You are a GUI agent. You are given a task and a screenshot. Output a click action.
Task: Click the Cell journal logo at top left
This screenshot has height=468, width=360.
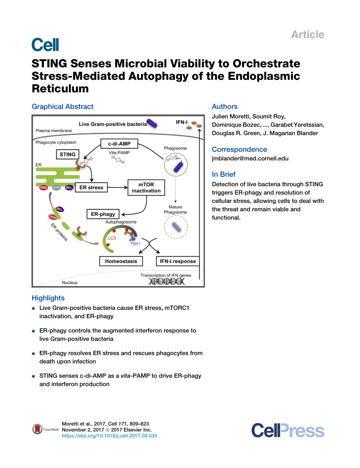(45, 45)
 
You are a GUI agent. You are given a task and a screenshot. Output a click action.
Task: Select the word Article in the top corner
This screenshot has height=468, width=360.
(307, 35)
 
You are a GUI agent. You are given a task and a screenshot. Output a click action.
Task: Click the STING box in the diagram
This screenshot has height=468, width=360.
(68, 154)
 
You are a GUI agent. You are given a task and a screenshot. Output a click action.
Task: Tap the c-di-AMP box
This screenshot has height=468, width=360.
(119, 144)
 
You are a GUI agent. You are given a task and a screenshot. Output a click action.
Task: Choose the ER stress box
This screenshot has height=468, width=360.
(91, 187)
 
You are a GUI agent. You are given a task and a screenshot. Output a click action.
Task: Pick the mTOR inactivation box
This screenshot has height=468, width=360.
(146, 187)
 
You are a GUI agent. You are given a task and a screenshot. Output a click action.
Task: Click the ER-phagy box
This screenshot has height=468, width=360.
(103, 214)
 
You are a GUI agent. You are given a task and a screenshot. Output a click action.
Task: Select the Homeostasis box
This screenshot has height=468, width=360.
(121, 261)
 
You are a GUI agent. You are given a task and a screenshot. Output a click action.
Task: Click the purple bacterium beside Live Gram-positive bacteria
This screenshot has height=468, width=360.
(153, 123)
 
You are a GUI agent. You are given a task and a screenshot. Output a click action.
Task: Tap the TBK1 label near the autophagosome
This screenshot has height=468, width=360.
(135, 244)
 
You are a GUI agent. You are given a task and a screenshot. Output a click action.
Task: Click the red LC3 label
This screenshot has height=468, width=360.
(112, 238)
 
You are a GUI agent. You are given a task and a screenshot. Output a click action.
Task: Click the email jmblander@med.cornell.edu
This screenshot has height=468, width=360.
(250, 159)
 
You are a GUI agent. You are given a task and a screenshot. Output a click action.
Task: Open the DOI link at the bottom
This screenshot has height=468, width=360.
(109, 436)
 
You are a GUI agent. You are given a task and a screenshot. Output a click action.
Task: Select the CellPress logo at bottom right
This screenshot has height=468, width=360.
(288, 431)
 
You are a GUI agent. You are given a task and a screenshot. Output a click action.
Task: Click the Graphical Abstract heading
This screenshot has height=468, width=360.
(63, 107)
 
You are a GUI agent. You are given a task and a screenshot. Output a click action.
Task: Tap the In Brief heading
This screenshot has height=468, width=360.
(224, 174)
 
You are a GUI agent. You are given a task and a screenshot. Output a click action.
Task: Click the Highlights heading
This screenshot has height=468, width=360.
(48, 298)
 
